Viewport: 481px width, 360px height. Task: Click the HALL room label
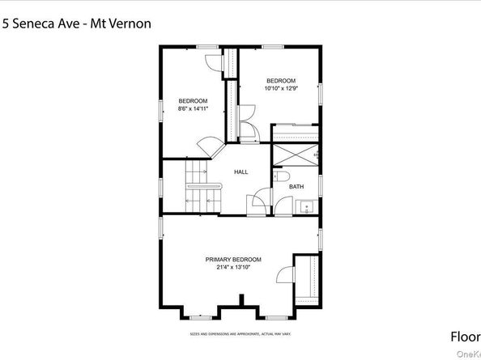click(x=240, y=172)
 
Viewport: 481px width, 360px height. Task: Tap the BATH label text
click(x=296, y=187)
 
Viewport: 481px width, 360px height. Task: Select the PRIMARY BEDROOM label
click(x=232, y=259)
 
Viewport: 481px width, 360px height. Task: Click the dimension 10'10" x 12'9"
click(x=281, y=88)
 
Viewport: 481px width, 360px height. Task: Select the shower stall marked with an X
click(x=295, y=153)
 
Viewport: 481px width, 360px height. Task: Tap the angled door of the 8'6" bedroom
click(x=211, y=147)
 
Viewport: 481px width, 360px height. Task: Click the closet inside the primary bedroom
click(x=308, y=280)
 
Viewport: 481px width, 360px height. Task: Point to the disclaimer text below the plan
click(x=240, y=333)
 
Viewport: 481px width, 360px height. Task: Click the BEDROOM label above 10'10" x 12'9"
click(x=281, y=80)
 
